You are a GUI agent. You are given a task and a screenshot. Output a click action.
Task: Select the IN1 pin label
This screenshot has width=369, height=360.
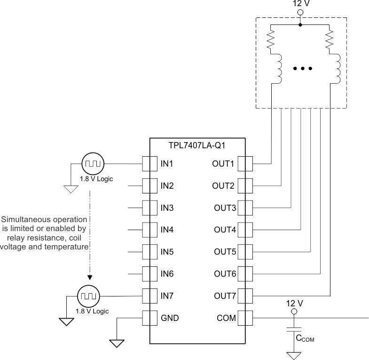tap(167, 164)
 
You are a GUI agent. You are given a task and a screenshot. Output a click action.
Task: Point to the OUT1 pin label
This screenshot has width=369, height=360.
tap(224, 164)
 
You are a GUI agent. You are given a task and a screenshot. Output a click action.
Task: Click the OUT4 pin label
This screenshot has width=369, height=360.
tap(224, 230)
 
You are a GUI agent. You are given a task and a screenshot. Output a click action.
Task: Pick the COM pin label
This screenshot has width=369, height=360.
tap(227, 318)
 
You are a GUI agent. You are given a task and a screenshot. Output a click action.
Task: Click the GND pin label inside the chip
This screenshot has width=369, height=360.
tap(169, 318)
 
